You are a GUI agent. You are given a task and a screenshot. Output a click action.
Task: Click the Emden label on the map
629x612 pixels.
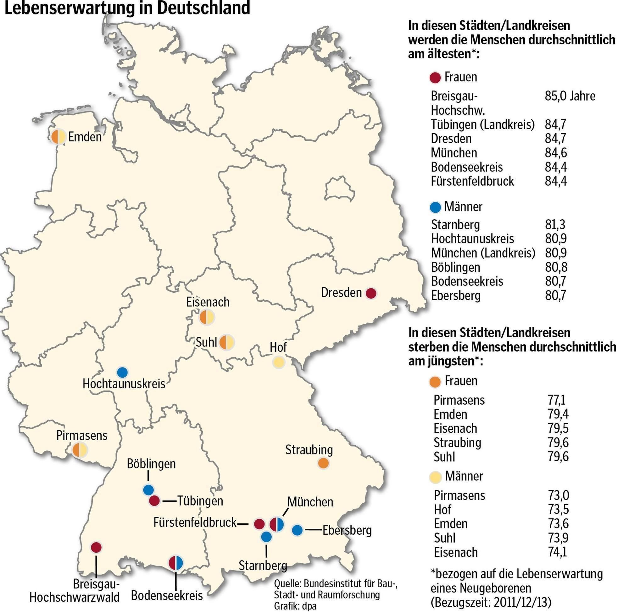click(x=85, y=137)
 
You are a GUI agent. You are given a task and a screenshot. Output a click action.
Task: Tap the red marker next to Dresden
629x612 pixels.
click(x=371, y=293)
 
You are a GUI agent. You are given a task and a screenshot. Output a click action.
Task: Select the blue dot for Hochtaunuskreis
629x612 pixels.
click(x=122, y=373)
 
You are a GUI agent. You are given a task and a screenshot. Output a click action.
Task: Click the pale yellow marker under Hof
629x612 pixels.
click(x=279, y=362)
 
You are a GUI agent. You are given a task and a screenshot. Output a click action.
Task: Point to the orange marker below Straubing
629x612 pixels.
click(x=323, y=463)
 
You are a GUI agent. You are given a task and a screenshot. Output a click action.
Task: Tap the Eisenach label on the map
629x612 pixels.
click(x=208, y=302)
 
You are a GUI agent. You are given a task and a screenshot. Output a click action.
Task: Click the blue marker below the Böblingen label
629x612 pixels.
click(x=148, y=490)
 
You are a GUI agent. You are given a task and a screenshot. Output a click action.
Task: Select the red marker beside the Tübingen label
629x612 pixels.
click(x=154, y=500)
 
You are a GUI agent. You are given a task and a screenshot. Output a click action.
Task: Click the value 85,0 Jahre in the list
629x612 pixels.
click(x=570, y=96)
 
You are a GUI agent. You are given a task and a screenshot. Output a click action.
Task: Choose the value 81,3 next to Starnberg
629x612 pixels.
click(x=555, y=225)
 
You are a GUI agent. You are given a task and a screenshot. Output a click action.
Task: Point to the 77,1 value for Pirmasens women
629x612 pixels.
click(x=557, y=400)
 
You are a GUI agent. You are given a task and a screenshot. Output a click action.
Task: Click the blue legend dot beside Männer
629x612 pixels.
click(x=435, y=207)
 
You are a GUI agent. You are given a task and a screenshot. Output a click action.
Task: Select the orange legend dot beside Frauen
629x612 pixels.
click(x=435, y=381)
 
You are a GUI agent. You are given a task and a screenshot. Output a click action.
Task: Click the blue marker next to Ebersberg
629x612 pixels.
click(x=297, y=530)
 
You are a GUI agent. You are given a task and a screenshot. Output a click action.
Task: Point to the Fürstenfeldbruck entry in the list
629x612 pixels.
click(x=472, y=181)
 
